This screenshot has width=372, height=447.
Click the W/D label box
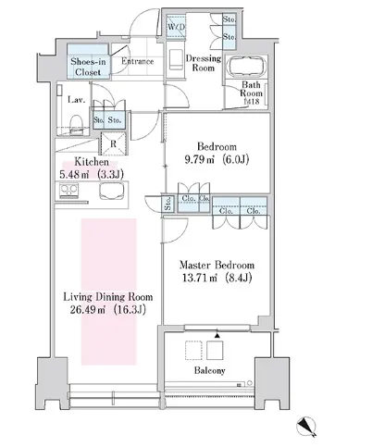(176, 27)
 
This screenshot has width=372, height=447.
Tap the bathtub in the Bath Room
(246, 66)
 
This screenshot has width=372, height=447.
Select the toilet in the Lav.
(76, 124)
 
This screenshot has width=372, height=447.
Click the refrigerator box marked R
(113, 143)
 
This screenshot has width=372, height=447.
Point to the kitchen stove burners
(69, 191)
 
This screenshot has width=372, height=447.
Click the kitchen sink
(112, 192)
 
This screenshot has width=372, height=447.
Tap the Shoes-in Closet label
(88, 67)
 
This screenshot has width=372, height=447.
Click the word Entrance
(137, 61)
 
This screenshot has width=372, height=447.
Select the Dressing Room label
(204, 63)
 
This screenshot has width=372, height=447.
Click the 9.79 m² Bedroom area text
(217, 159)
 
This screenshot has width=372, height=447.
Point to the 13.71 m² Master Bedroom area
(217, 278)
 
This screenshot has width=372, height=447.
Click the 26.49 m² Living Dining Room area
(108, 309)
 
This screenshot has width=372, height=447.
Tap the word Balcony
(210, 370)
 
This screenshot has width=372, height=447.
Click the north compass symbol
(306, 427)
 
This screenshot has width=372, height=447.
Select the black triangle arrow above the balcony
(217, 335)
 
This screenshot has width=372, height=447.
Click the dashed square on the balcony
(193, 350)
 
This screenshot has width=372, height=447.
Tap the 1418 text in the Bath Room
(252, 101)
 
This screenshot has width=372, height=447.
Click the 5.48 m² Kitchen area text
(92, 175)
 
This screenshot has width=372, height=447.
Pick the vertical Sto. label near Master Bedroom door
(168, 204)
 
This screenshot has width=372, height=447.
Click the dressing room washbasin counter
(176, 59)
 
